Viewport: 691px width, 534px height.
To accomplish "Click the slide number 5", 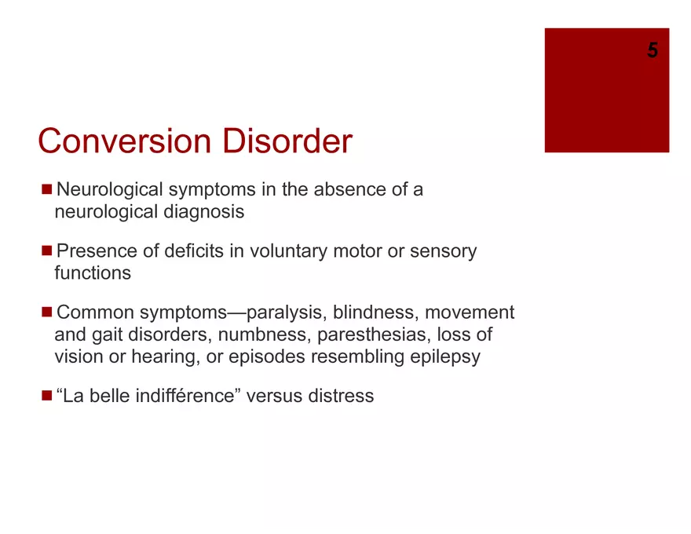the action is pos(653,49).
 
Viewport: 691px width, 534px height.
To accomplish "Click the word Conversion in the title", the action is pos(125,141).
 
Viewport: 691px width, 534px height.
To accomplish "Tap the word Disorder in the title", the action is pos(287,141).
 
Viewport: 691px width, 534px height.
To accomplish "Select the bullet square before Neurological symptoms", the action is pos(46,189).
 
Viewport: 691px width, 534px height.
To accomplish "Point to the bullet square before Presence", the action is pos(46,251).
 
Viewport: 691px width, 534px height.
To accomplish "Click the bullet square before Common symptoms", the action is pos(46,312).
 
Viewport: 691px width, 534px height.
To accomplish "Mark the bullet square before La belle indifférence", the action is pos(46,395).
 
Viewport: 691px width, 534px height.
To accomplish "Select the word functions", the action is pos(93,273).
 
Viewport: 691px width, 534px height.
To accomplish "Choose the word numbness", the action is pos(265,335).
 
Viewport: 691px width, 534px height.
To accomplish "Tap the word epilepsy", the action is pos(445,357).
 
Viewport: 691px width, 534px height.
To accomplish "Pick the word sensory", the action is pos(443,251).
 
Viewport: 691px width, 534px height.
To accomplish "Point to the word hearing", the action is pos(163,357).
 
